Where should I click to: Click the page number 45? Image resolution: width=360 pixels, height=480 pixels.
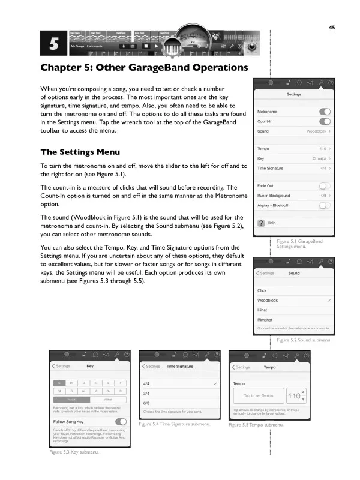coord(331,26)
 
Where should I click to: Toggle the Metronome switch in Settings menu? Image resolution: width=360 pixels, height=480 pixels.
coord(325,112)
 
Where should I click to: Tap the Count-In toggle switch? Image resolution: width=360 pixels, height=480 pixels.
coord(325,121)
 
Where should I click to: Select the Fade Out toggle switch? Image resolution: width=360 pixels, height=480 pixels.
coord(325,186)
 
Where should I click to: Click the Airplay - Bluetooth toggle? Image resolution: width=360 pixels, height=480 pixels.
coord(325,205)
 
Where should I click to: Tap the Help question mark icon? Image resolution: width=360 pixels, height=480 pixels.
coord(261,223)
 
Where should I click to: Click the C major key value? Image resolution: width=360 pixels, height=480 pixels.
coord(321,158)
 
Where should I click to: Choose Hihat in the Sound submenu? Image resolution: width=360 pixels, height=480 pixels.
coord(262,310)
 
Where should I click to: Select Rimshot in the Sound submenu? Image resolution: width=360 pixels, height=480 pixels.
coord(265,319)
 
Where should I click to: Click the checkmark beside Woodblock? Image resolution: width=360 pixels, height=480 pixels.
coord(329,300)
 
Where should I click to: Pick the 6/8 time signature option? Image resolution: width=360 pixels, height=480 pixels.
coord(146,403)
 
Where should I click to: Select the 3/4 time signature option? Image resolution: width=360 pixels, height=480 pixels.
coord(146,393)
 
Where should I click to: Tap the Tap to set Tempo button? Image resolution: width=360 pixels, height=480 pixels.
coord(258,395)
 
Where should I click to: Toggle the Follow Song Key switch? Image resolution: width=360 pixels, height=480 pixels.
coord(121,422)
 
